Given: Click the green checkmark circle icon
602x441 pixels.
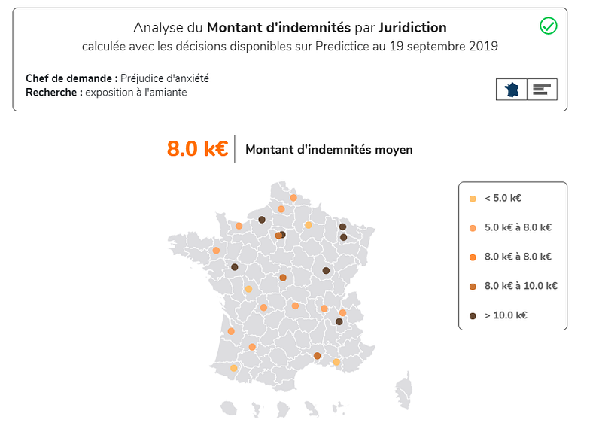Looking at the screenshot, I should click(x=549, y=26).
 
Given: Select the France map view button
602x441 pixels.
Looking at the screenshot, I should click(x=512, y=89).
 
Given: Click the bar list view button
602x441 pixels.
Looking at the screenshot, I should click(x=541, y=89).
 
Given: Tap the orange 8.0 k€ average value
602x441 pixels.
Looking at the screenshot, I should click(x=197, y=149).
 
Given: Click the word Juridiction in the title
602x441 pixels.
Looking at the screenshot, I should click(x=412, y=28).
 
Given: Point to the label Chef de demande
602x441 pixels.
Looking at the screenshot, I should click(x=71, y=78).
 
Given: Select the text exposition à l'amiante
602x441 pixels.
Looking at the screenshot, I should click(x=135, y=92).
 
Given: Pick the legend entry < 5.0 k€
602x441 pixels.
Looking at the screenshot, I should click(x=503, y=199).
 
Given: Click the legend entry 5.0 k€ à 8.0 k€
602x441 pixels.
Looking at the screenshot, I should click(x=518, y=227).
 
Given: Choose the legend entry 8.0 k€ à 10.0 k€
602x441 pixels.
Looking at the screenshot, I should click(x=520, y=286).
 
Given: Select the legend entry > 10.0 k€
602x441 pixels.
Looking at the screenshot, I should click(x=505, y=315).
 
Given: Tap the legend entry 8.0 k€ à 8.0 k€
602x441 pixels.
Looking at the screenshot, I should click(x=518, y=257).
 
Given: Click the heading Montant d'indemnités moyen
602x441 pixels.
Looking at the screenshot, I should click(x=329, y=150).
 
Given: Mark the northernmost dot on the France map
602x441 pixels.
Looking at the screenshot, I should click(x=293, y=198).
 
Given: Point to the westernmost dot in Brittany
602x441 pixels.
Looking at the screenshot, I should click(x=217, y=251).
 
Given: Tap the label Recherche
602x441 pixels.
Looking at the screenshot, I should click(x=53, y=92).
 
